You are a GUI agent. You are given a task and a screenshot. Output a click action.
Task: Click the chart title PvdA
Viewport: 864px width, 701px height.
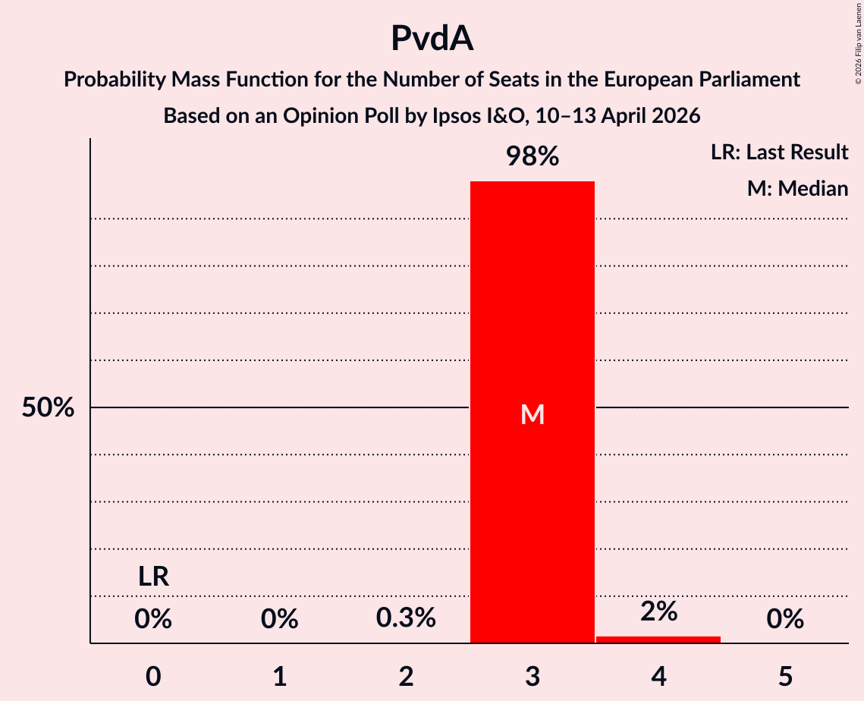click(x=432, y=38)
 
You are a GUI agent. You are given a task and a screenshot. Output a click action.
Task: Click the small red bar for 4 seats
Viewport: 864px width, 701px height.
click(x=658, y=639)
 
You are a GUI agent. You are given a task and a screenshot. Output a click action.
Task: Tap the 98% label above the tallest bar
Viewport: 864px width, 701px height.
click(x=533, y=156)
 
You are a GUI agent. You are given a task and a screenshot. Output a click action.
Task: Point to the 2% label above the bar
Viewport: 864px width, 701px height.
click(x=658, y=611)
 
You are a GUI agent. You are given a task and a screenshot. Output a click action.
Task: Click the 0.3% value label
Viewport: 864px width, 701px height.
click(x=406, y=618)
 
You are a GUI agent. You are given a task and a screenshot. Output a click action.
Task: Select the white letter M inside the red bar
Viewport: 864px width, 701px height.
click(x=533, y=414)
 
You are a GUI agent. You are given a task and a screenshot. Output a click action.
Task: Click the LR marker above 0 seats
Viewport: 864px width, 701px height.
click(x=153, y=577)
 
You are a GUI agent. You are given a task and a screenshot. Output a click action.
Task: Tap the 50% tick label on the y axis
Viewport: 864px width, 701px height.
click(x=48, y=407)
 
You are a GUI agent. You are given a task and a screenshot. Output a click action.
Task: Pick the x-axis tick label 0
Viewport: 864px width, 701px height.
click(x=153, y=676)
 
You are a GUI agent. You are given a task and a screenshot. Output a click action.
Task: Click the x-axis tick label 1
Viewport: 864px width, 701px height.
click(x=280, y=676)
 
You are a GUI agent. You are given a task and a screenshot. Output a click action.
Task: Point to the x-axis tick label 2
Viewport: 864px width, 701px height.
click(x=406, y=676)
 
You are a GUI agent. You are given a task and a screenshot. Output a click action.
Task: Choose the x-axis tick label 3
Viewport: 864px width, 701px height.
click(x=533, y=676)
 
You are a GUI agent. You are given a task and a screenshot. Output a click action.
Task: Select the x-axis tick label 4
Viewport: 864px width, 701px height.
click(x=658, y=676)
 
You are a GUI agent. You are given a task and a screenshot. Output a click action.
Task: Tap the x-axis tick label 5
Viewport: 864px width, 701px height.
click(x=785, y=676)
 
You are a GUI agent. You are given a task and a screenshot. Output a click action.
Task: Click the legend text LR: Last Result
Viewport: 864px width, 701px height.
click(x=779, y=152)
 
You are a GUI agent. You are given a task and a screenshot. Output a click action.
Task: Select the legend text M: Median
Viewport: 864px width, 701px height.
click(x=797, y=188)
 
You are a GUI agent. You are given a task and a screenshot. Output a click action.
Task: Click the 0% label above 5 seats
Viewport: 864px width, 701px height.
click(x=785, y=620)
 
